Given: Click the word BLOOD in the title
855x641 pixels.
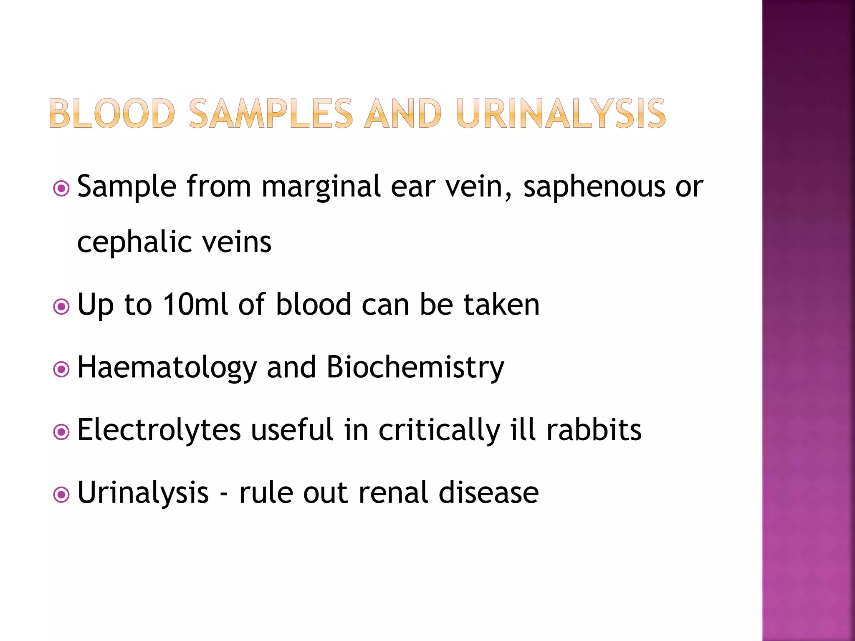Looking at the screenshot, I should pos(112,113).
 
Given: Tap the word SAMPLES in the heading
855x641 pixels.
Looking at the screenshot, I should pos(271,113).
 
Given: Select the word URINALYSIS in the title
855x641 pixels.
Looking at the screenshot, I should pos(561,113).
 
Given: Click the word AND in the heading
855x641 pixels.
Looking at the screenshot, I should pos(403,113).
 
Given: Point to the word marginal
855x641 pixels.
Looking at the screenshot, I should pos(321,187).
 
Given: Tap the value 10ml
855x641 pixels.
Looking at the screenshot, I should pos(195,305).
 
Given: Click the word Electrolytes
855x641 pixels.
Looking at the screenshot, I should pos(159,430).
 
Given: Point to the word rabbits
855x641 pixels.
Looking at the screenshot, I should pos(594,430).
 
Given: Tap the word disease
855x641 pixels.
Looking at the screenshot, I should pos(488,493).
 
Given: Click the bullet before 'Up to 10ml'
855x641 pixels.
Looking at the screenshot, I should pos(61,307).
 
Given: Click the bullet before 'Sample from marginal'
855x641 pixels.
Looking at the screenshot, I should pos(61,189).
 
